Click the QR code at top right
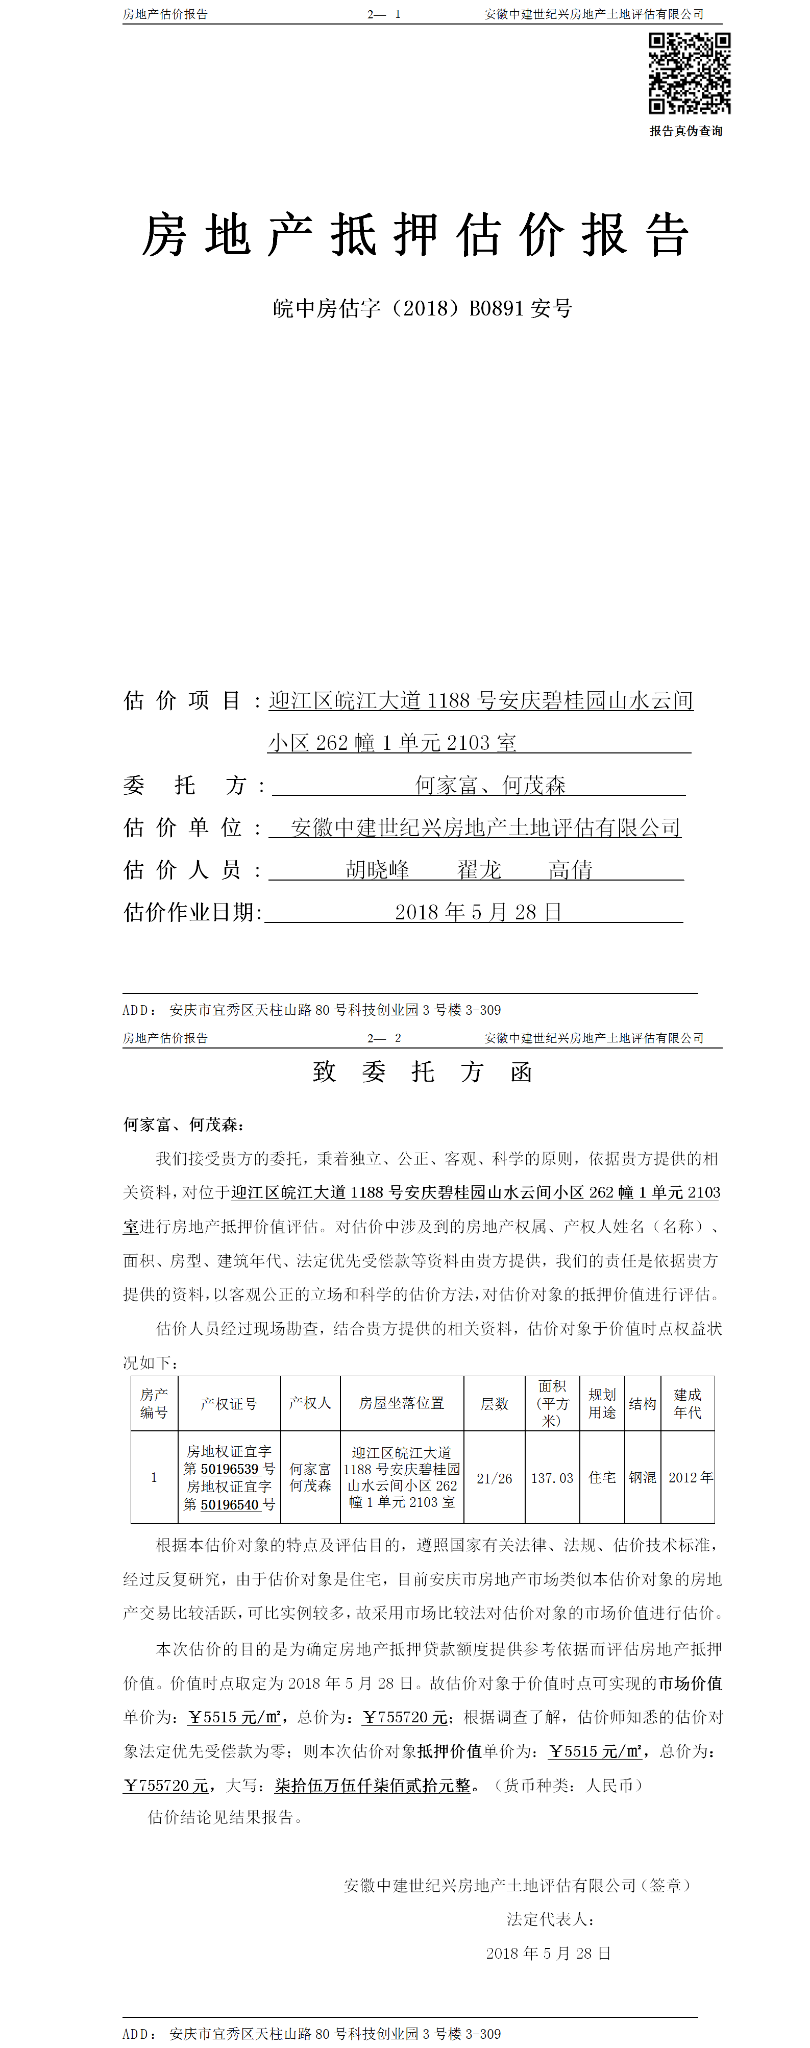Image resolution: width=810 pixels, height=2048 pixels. [x=689, y=73]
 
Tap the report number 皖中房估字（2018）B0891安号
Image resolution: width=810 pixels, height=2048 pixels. [x=422, y=308]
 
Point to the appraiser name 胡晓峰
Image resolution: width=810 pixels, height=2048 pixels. [x=378, y=870]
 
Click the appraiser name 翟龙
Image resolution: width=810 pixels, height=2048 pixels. [x=479, y=870]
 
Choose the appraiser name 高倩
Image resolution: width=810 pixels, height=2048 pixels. [x=570, y=870]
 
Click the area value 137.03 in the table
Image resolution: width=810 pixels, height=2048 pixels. [x=552, y=1478]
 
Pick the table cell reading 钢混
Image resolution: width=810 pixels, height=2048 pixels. [x=642, y=1477]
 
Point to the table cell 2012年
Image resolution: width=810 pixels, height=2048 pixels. [x=690, y=1477]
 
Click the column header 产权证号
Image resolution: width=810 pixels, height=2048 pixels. [x=229, y=1404]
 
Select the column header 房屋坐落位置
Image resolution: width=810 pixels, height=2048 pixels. [x=401, y=1403]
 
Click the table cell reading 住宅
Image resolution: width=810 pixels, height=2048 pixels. [x=602, y=1477]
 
